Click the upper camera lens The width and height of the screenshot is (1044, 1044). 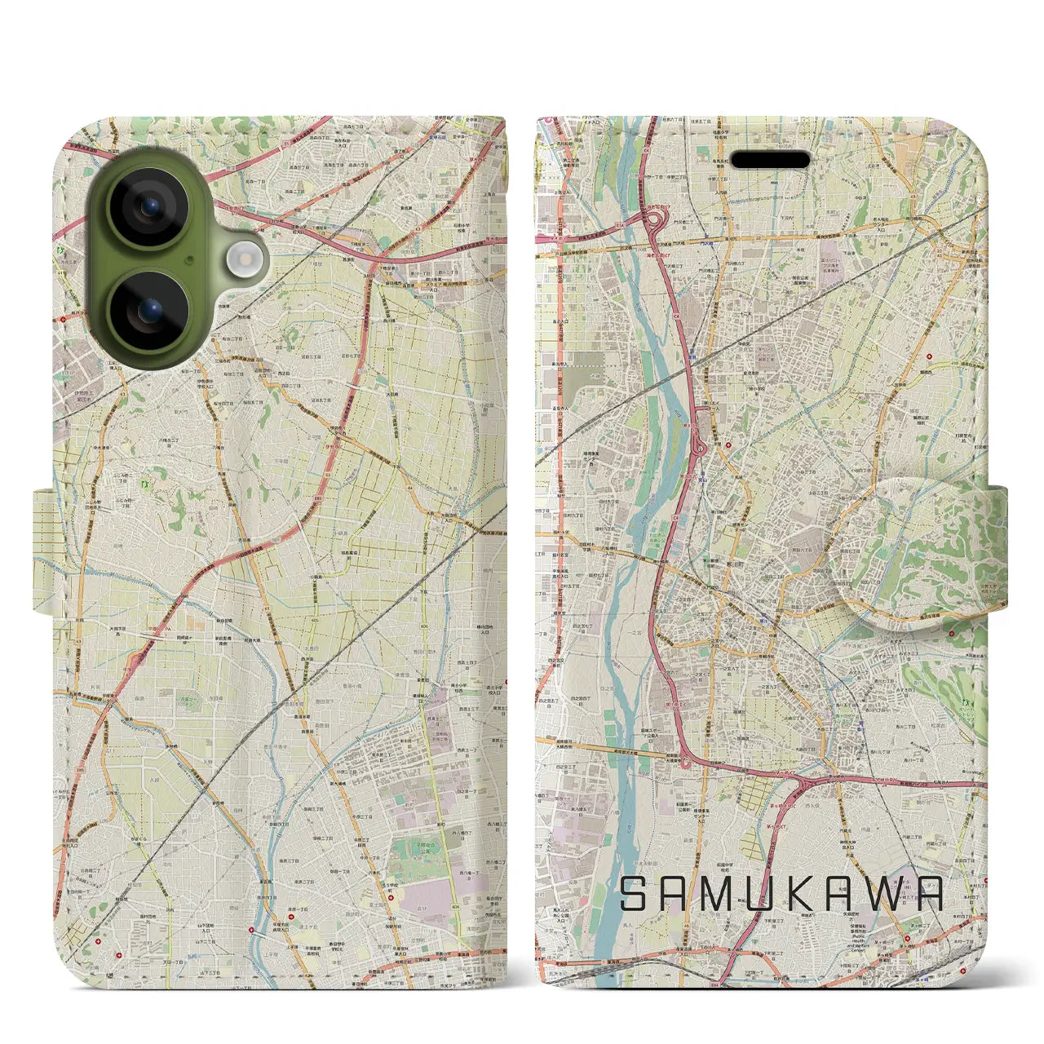click(x=150, y=209)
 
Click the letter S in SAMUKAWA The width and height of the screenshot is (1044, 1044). click(x=635, y=894)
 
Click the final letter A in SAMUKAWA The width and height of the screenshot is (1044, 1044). click(x=929, y=894)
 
